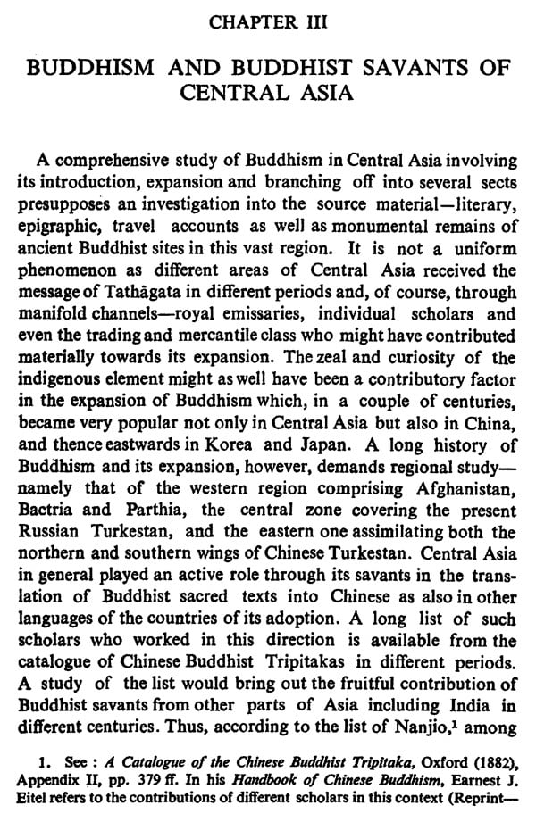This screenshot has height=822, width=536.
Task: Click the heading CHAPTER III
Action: click(267, 19)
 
